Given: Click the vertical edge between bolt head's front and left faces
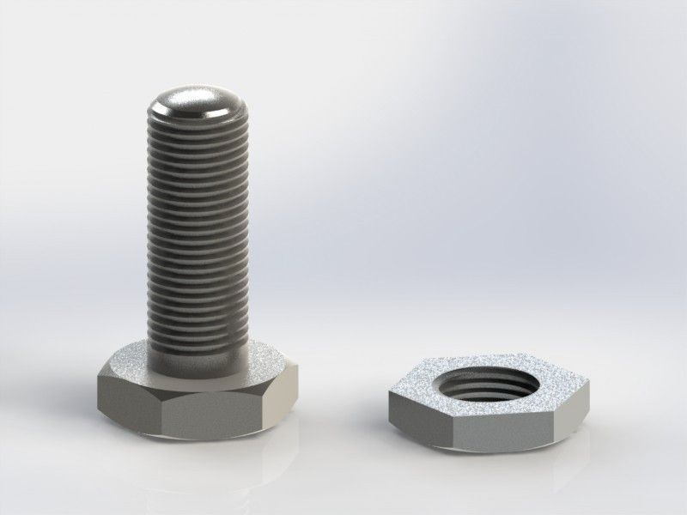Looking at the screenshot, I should pos(161,415).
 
